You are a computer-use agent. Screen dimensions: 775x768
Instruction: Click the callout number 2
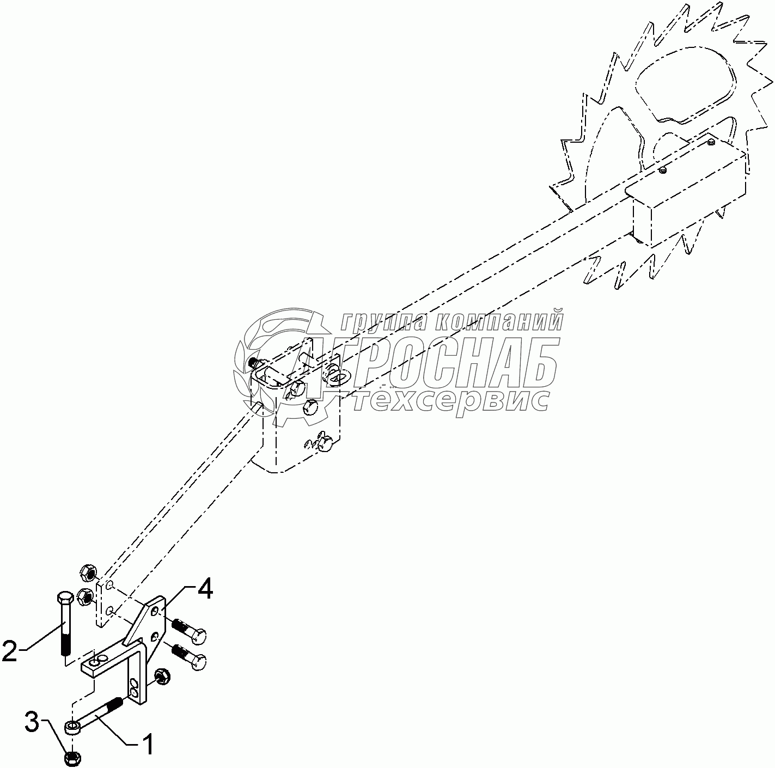(x=10, y=651)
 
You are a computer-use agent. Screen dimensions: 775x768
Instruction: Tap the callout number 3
(x=32, y=723)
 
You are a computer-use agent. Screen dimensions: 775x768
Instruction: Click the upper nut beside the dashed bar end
(x=87, y=572)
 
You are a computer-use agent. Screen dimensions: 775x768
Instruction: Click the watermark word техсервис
(x=451, y=399)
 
